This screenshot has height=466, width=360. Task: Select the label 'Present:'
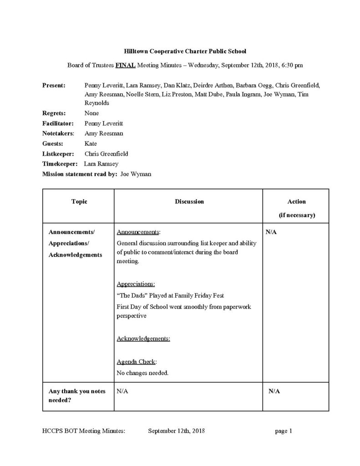(x=54, y=86)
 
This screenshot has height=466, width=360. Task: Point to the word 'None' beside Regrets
(x=91, y=113)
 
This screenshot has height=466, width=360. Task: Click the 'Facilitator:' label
(x=58, y=123)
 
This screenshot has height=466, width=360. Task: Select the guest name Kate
(x=91, y=144)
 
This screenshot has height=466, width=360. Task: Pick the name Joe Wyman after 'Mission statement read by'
(x=136, y=174)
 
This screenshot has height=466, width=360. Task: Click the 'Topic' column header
(x=79, y=202)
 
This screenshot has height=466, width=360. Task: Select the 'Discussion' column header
(x=189, y=202)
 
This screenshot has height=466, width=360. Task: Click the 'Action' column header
(x=296, y=202)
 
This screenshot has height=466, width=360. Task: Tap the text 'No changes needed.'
(x=142, y=373)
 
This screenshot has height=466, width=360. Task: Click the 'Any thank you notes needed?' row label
(x=76, y=395)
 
